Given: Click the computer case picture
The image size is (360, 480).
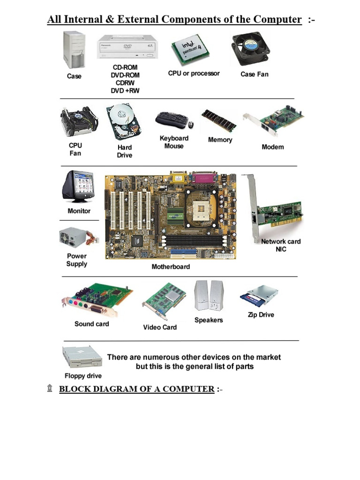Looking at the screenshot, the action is coord(74,49).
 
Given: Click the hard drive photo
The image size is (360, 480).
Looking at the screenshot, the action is coord(124,122).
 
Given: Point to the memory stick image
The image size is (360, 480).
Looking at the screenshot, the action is coord(218,121).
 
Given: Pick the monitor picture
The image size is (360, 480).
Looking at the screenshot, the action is coord(78,187).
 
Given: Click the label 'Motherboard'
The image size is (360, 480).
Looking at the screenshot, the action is coord(171,267).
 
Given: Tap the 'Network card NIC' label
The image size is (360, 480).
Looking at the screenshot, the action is coord(281,245).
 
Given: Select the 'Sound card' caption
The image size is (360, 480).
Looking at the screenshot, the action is coord(91,324).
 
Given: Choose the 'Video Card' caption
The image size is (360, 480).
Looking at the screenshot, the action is coord(160,327).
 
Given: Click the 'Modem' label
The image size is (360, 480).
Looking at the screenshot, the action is coord(272,147).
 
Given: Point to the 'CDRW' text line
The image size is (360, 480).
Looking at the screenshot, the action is coord(125,83).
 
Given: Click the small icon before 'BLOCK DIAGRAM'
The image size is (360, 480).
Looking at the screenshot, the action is coord(50,389).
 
